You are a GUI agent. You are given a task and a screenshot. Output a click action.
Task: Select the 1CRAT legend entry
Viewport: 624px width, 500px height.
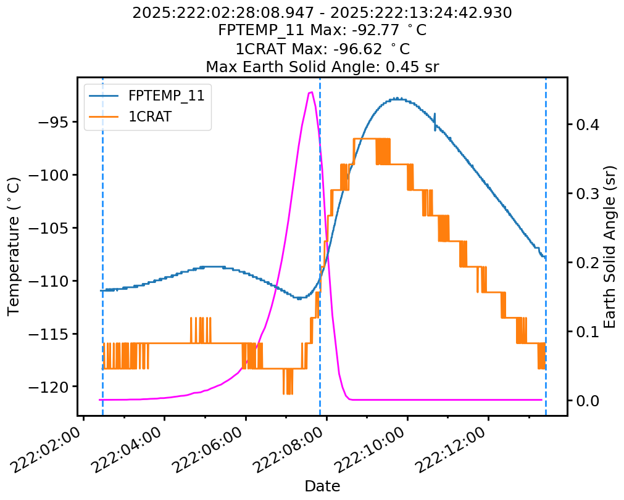(x=149, y=117)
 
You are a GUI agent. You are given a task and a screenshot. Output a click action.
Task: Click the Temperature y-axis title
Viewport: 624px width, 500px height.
(x=14, y=246)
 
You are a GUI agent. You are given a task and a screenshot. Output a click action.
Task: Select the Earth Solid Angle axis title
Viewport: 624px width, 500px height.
(x=610, y=246)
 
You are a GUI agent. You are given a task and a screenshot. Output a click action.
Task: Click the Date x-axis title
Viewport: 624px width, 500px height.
(x=322, y=486)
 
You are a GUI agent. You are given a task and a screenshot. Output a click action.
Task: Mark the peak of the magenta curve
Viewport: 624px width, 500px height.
(x=311, y=92)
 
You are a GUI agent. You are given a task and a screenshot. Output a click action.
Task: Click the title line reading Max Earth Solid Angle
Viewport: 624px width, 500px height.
(x=322, y=67)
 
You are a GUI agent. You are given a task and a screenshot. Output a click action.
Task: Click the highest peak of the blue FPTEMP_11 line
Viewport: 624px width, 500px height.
(x=397, y=98)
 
